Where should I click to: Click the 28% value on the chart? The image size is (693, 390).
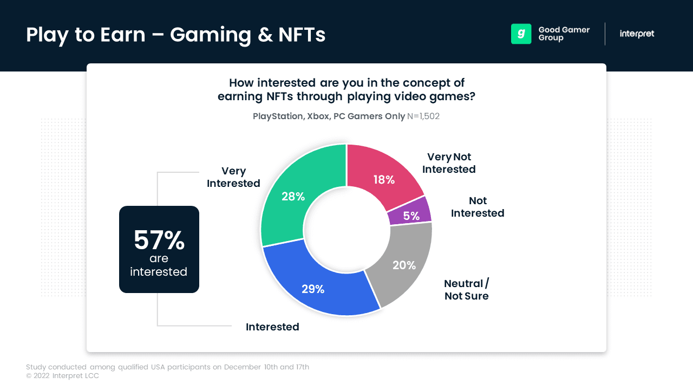pyautogui.click(x=293, y=197)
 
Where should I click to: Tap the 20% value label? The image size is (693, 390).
pyautogui.click(x=404, y=265)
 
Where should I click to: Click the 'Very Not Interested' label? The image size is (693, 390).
pyautogui.click(x=449, y=163)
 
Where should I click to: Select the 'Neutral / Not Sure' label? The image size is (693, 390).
pyautogui.click(x=467, y=290)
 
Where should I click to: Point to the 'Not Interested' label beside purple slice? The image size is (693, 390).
pyautogui.click(x=478, y=207)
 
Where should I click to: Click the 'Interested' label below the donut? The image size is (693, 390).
pyautogui.click(x=272, y=327)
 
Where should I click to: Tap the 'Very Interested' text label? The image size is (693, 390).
pyautogui.click(x=233, y=177)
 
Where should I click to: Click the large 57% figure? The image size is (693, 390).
pyautogui.click(x=159, y=240)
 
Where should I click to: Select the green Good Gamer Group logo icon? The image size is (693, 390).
pyautogui.click(x=521, y=34)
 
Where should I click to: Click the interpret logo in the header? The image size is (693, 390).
pyautogui.click(x=637, y=34)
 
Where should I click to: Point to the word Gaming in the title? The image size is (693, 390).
pyautogui.click(x=211, y=35)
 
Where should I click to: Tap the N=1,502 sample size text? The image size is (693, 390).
pyautogui.click(x=423, y=116)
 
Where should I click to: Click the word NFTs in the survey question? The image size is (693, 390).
pyautogui.click(x=279, y=96)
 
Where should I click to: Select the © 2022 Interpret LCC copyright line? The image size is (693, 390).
pyautogui.click(x=62, y=376)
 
